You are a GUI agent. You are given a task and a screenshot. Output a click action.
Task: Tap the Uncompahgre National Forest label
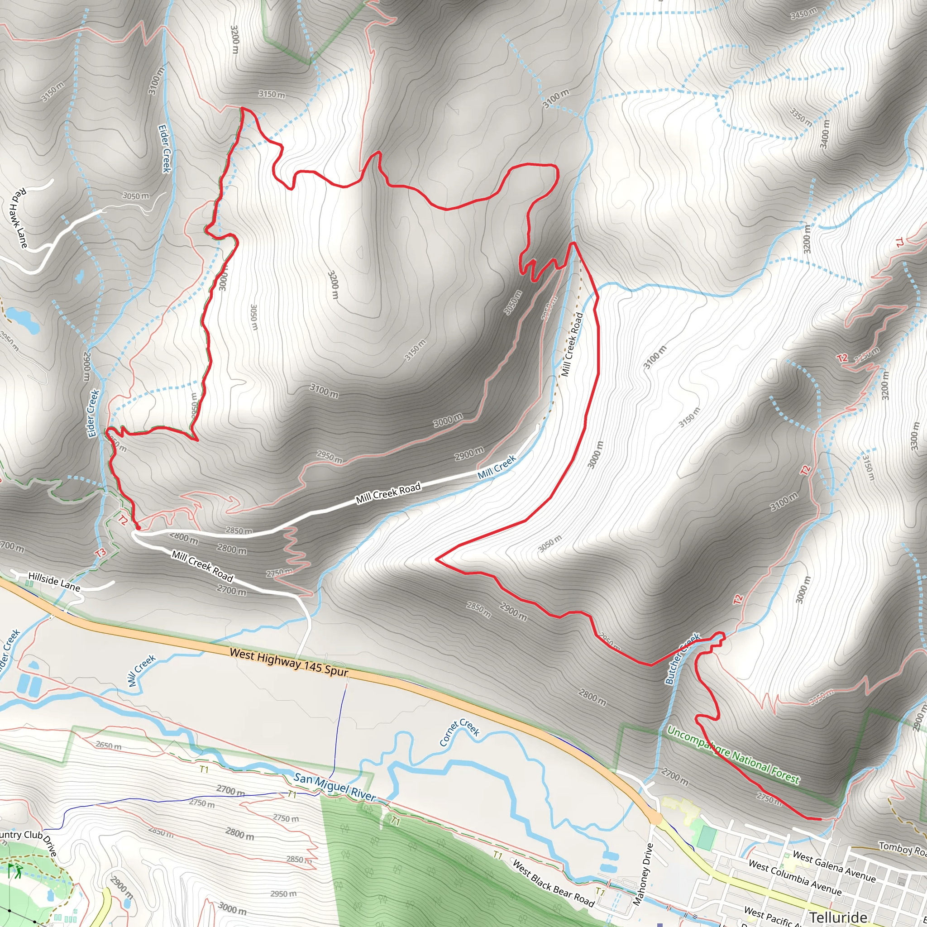733,755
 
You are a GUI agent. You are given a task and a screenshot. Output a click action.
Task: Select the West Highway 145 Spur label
288,663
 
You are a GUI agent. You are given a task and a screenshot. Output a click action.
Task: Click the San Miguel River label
334,787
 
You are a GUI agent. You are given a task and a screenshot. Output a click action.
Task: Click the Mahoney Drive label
644,874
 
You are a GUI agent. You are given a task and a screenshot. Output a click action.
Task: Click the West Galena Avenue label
834,865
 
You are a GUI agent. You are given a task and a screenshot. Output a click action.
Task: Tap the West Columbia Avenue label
794,878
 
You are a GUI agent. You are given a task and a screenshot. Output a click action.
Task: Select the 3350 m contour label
801,117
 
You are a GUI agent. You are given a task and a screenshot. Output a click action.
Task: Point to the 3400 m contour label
825,134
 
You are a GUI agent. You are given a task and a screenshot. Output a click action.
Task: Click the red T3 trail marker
100,553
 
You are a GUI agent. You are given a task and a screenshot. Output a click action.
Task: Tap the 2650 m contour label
108,745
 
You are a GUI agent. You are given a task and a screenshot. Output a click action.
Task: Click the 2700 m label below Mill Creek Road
231,590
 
